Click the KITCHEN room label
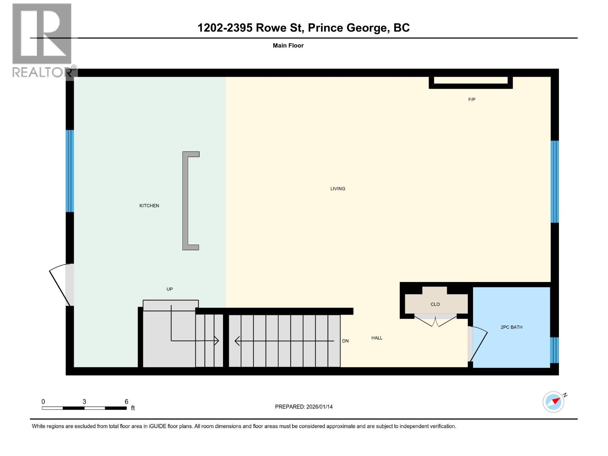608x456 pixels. [149, 206]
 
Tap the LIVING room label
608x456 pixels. [337, 188]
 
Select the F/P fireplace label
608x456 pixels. [472, 100]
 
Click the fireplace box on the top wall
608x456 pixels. [470, 81]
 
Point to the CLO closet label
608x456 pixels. [435, 304]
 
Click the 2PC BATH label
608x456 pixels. [511, 327]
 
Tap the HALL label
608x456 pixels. [377, 338]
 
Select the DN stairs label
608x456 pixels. [345, 341]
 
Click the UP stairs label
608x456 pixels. [169, 289]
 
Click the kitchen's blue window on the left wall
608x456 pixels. [70, 171]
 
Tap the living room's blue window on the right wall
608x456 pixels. [554, 182]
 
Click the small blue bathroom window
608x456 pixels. [554, 350]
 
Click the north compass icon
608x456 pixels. [554, 402]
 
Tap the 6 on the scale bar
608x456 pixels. [127, 402]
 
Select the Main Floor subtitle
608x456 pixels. [288, 46]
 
